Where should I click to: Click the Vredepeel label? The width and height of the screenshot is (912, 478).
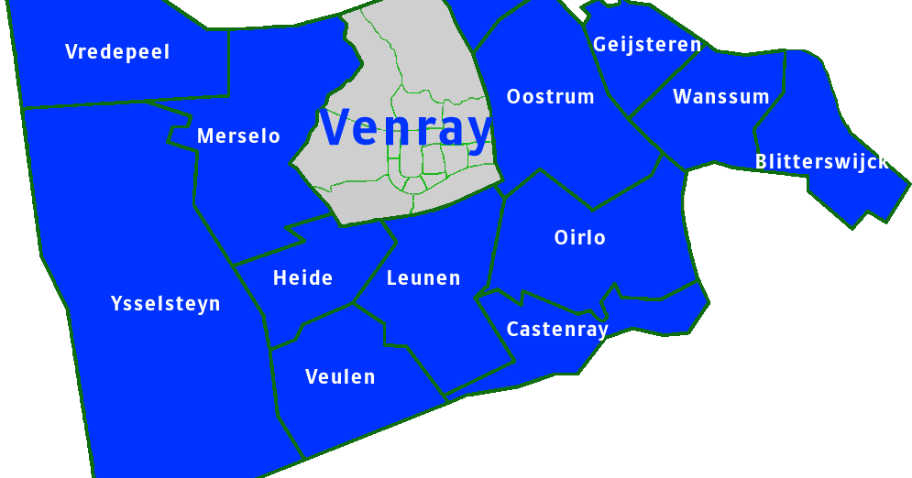[117, 52]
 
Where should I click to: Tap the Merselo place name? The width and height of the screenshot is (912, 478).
[238, 136]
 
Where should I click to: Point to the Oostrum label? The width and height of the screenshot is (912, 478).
[550, 97]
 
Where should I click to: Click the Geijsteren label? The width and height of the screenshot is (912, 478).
[646, 44]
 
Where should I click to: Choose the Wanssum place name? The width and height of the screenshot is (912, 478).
[720, 97]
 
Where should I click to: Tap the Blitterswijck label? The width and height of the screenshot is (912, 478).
[821, 162]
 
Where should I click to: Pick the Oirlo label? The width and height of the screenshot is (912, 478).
[579, 238]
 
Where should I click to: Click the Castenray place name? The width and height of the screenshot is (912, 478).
[557, 330]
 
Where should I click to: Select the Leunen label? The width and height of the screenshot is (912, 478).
[423, 278]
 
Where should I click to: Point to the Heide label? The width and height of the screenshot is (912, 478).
[302, 278]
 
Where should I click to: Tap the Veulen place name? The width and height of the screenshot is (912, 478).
[340, 377]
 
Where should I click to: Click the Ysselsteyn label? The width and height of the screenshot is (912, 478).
[165, 303]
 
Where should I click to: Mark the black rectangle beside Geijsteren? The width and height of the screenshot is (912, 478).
[714, 40]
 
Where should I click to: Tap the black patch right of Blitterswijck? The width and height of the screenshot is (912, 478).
[898, 162]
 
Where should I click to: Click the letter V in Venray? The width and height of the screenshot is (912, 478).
[337, 127]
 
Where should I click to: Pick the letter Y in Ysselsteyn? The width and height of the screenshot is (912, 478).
[115, 303]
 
